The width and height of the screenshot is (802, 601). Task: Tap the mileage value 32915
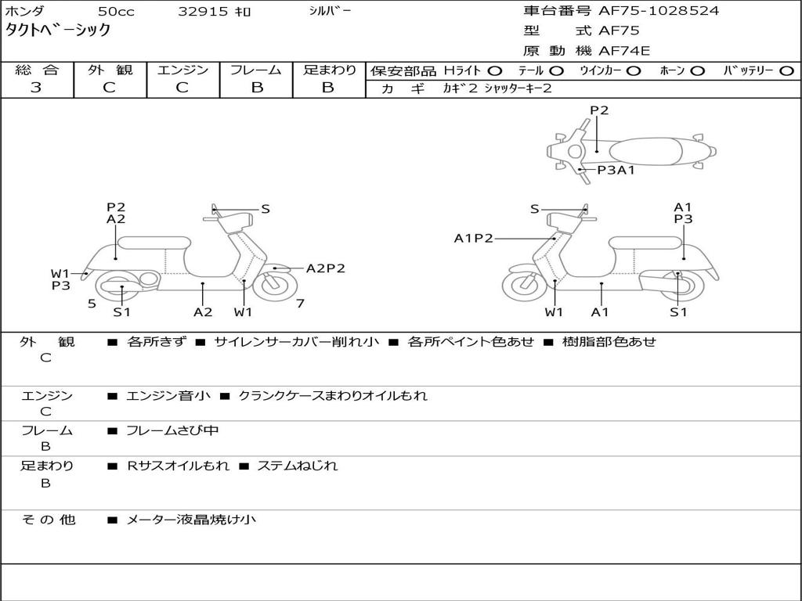click(x=203, y=12)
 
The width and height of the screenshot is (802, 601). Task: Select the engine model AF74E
click(x=624, y=52)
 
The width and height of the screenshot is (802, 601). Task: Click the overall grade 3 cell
click(x=37, y=88)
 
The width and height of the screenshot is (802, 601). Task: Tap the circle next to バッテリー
click(x=787, y=70)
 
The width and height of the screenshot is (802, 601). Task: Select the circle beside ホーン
click(x=698, y=70)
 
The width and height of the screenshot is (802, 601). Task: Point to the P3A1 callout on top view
click(x=616, y=169)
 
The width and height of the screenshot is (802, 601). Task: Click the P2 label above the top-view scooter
click(x=599, y=110)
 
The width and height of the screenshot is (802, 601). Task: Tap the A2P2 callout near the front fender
click(x=325, y=268)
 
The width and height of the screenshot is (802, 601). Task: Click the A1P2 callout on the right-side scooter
click(x=474, y=239)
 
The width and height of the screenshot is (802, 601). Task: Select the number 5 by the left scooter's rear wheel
click(x=92, y=303)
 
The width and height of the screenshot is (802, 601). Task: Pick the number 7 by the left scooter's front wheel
click(x=300, y=303)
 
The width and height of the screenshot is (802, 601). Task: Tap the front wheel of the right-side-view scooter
click(x=524, y=285)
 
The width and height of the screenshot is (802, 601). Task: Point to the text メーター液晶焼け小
click(x=190, y=520)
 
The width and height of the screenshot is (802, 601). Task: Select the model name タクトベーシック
click(x=58, y=31)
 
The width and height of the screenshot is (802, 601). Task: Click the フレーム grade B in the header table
click(x=256, y=88)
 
